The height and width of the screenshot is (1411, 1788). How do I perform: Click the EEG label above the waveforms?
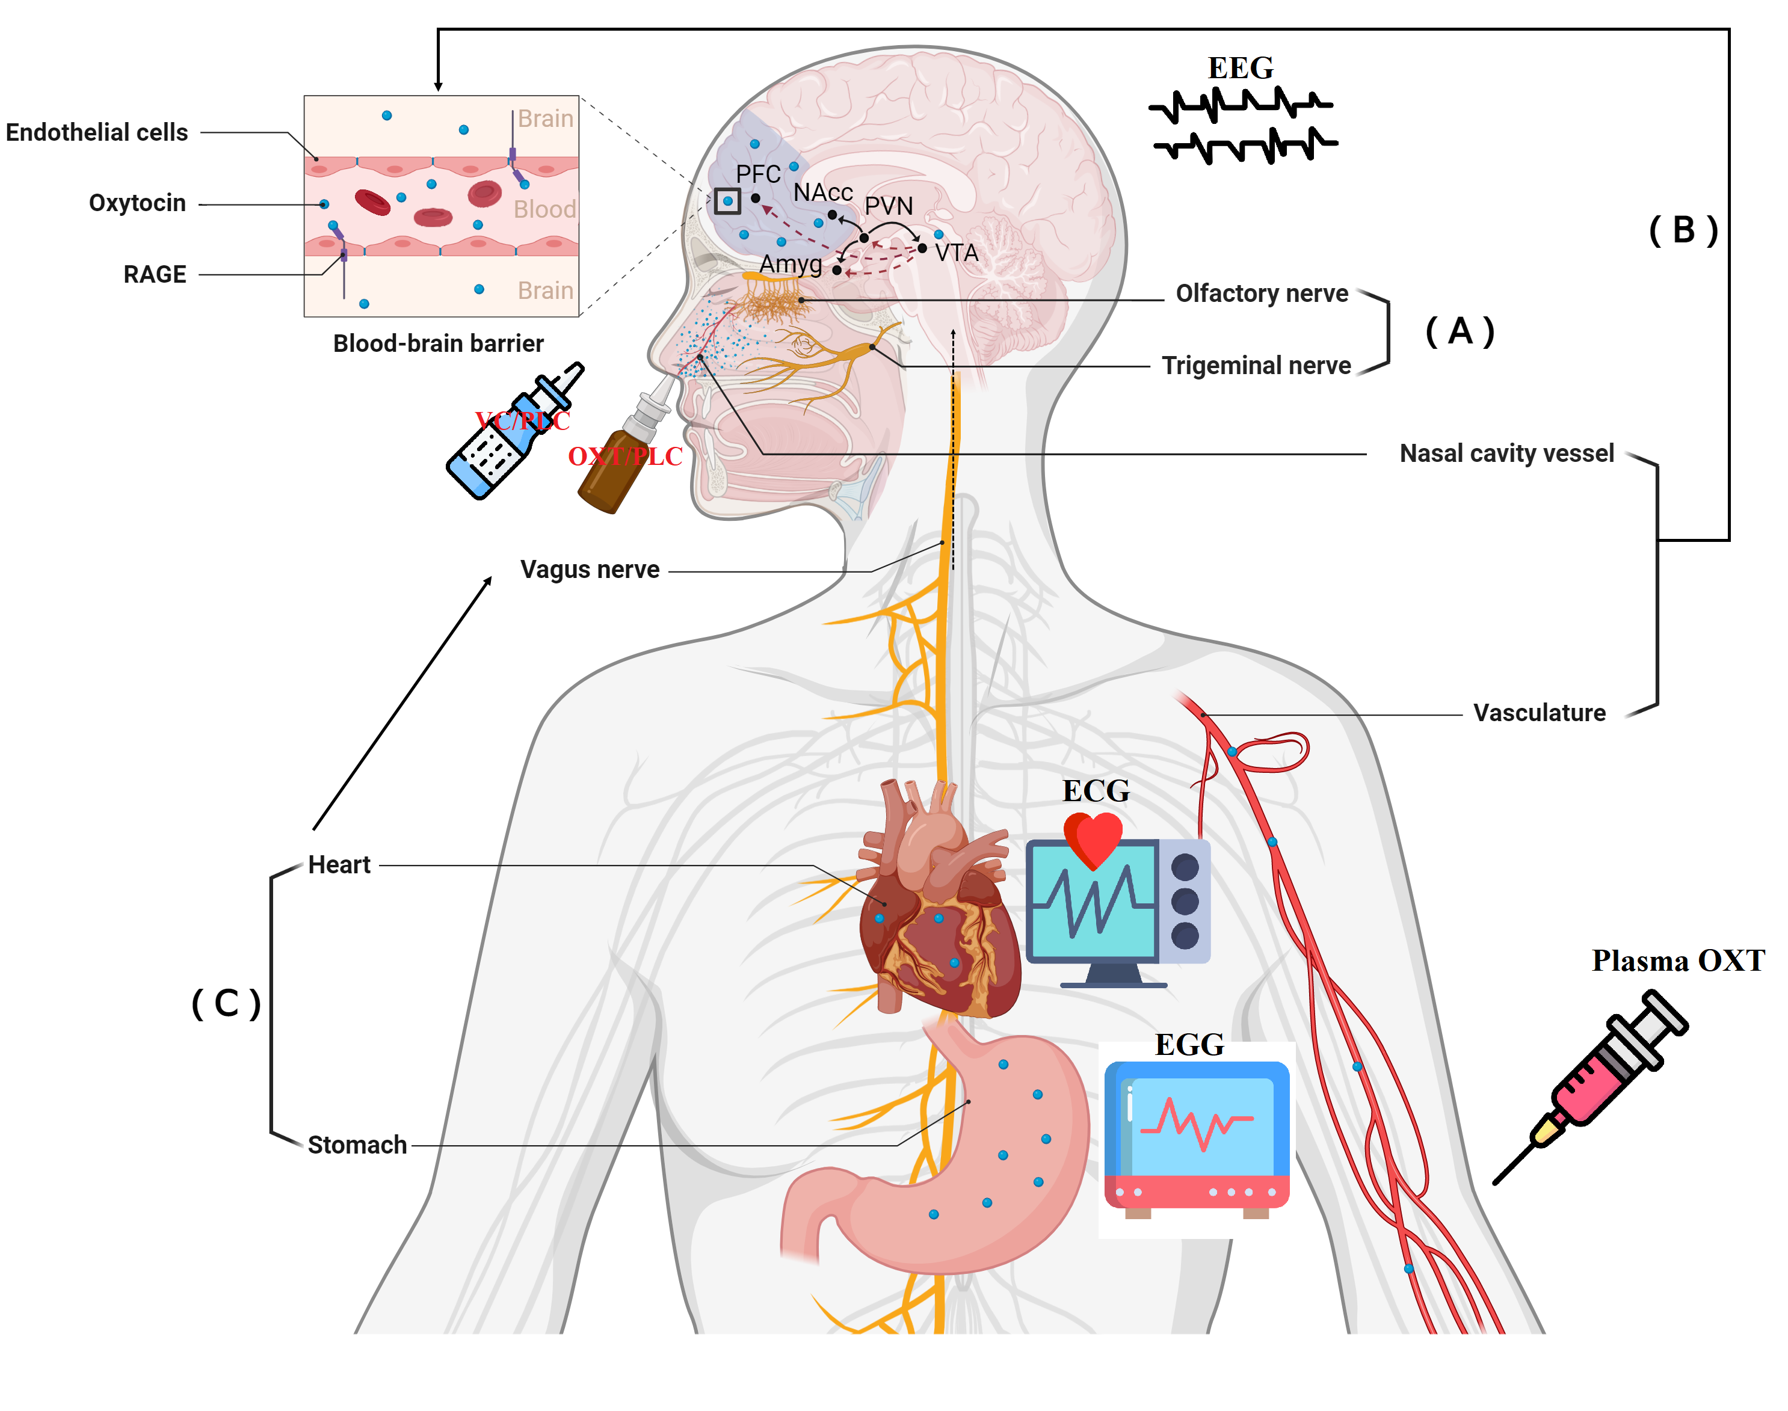(x=1239, y=68)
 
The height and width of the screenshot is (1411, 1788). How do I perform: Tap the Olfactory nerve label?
(x=1261, y=294)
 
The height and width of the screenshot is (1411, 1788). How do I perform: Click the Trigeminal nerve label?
(x=1256, y=365)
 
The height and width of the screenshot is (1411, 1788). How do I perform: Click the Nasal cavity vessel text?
(x=1505, y=453)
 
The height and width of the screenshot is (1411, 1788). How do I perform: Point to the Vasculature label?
(x=1538, y=713)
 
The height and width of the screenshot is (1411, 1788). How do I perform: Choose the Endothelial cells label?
(x=97, y=132)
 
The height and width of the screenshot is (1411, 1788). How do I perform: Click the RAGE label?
(x=155, y=274)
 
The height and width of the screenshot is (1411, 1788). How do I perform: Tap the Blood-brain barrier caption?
(x=438, y=343)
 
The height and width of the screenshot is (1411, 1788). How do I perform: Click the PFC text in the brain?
(x=757, y=174)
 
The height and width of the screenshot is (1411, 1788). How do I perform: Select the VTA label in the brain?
(x=956, y=253)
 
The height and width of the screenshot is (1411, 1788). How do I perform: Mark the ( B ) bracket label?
(x=1683, y=230)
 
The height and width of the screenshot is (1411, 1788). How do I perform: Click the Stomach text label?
(x=357, y=1145)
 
